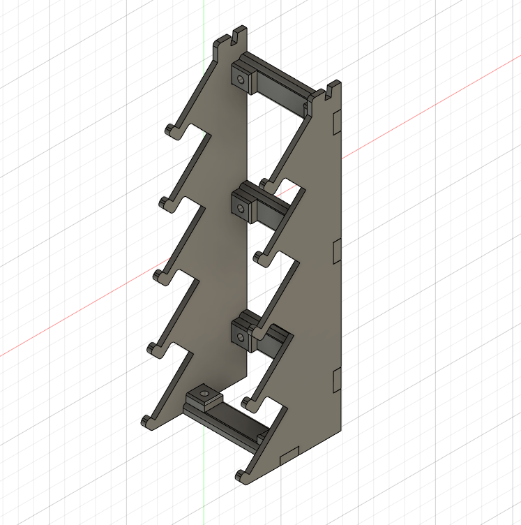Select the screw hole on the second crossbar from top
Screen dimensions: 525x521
[x=241, y=207]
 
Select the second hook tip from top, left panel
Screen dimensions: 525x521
[x=164, y=203]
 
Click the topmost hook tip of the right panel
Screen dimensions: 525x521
[x=264, y=183]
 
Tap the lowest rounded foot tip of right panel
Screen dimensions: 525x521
[x=241, y=475]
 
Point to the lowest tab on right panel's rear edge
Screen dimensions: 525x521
[x=336, y=379]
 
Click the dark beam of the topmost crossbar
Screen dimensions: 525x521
[x=279, y=89]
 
